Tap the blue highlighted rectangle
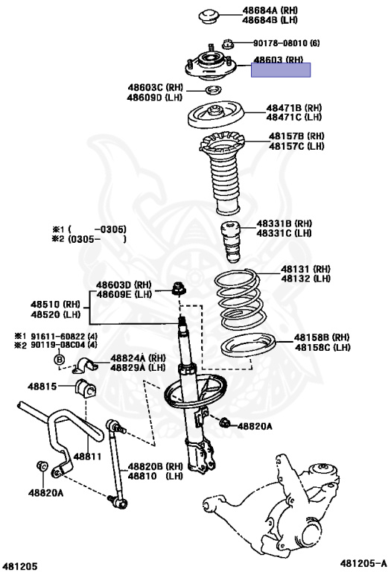point(281,71)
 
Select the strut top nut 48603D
point(180,288)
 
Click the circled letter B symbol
point(58,361)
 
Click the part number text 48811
point(86,457)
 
